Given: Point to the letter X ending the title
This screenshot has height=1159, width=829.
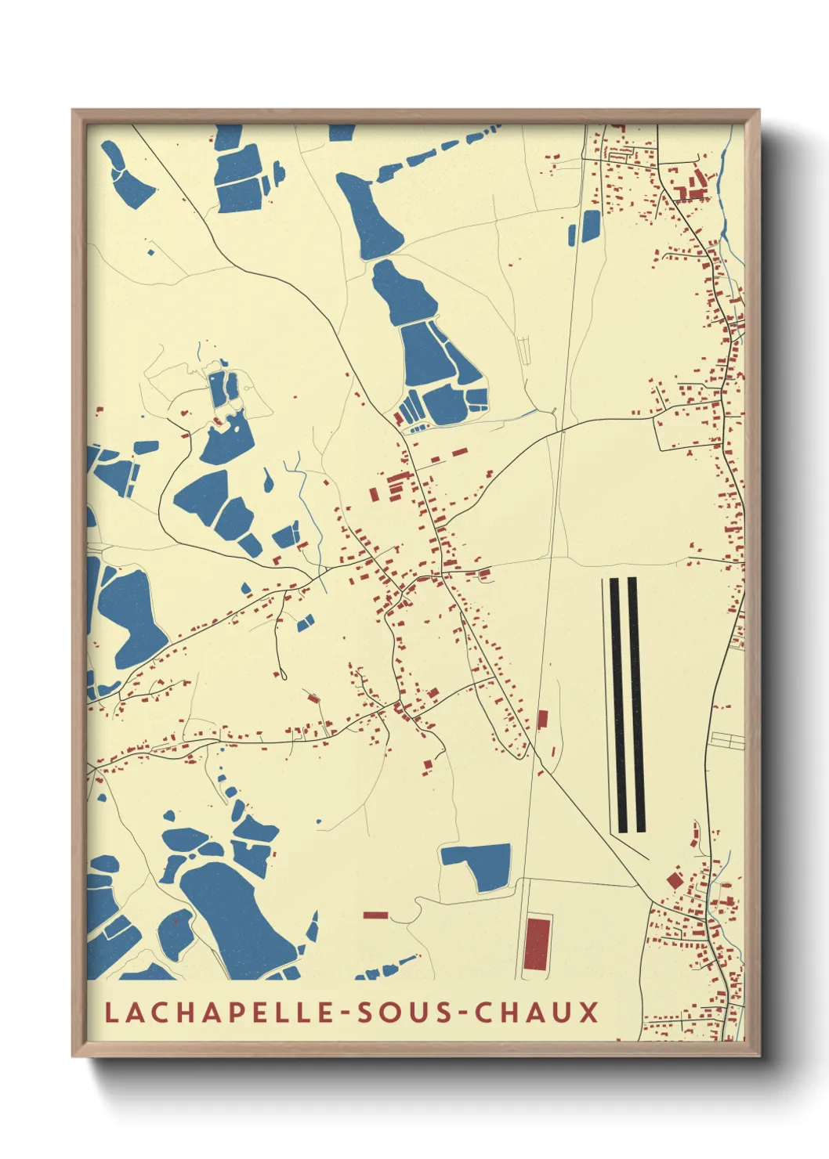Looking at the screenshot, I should pos(589,1012).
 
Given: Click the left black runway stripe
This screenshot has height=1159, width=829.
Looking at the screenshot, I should pos(617,705).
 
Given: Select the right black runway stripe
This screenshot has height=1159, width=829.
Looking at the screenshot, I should pos(636,705).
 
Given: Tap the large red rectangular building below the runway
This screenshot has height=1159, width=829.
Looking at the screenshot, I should pos(537,944).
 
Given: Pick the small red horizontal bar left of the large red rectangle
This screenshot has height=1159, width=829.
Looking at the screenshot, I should pos(375,914).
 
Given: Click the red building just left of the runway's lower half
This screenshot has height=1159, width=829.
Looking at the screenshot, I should pos(542,719).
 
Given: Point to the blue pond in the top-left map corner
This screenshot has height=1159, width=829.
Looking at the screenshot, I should pos(125,176).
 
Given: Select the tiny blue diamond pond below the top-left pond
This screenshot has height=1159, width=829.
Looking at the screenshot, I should pos(151,252).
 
